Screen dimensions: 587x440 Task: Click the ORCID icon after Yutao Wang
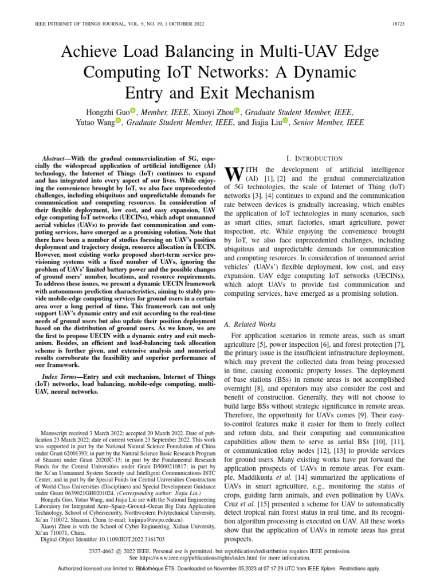[119, 122]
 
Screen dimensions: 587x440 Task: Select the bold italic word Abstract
[58, 158]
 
